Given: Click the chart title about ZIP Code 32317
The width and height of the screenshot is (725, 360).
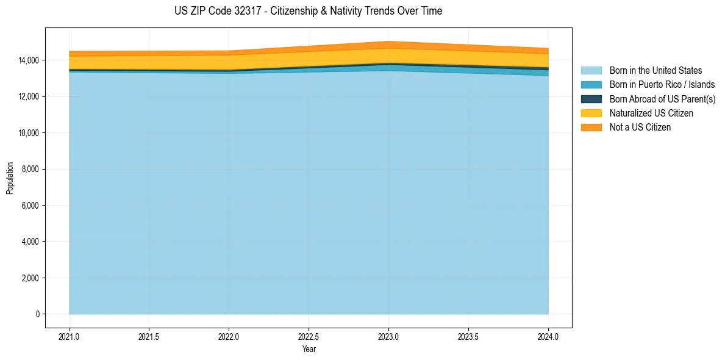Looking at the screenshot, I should pyautogui.click(x=308, y=11).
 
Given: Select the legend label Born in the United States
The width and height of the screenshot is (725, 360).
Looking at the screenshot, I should pyautogui.click(x=655, y=71).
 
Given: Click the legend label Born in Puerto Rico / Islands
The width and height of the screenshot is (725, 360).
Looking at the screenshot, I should pyautogui.click(x=662, y=85).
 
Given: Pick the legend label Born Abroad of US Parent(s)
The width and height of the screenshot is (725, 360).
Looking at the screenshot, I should pyautogui.click(x=662, y=99).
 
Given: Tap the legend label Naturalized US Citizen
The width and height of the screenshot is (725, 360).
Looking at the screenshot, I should pyautogui.click(x=651, y=113).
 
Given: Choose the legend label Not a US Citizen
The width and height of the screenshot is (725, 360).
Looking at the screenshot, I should pyautogui.click(x=640, y=127).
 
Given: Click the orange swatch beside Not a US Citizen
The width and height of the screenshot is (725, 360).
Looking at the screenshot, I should pyautogui.click(x=591, y=127).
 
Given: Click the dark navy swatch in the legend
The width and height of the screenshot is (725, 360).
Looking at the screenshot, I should pyautogui.click(x=591, y=99).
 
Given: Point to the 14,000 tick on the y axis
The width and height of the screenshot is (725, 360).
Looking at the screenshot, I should pyautogui.click(x=28, y=60).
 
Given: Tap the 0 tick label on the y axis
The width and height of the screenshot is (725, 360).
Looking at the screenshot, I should pyautogui.click(x=37, y=314).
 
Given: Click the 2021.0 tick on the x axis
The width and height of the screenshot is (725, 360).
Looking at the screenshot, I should pyautogui.click(x=70, y=336).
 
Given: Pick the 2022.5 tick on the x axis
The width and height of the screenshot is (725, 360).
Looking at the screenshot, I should pyautogui.click(x=309, y=336).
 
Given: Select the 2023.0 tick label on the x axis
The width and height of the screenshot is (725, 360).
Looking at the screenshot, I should pyautogui.click(x=388, y=336).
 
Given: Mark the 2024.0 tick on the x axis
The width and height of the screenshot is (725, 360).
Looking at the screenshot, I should pyautogui.click(x=548, y=336).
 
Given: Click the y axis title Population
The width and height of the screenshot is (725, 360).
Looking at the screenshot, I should pyautogui.click(x=10, y=178).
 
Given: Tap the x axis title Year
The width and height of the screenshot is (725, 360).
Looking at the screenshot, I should pyautogui.click(x=309, y=349).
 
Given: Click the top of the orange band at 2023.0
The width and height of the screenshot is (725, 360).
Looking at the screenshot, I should pyautogui.click(x=388, y=41).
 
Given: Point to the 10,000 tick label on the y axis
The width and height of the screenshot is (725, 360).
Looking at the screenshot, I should pyautogui.click(x=28, y=133).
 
